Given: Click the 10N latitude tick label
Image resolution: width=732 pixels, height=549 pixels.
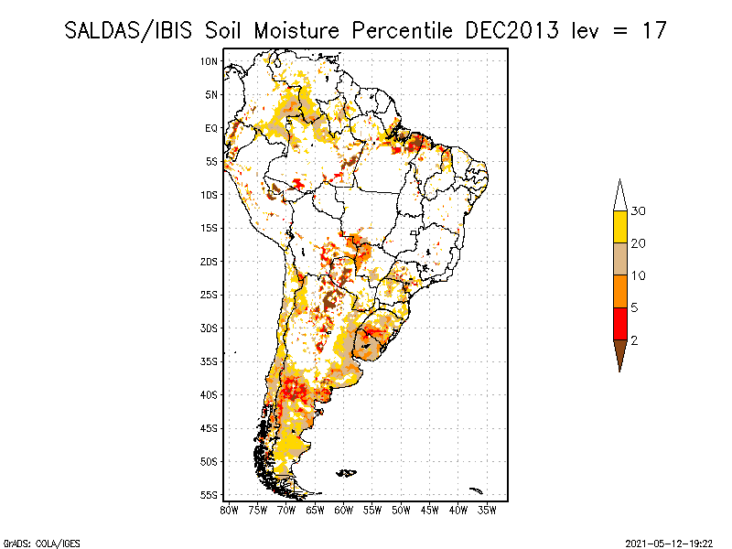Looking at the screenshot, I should tap(209, 61).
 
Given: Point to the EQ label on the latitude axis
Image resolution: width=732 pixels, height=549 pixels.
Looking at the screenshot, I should tap(210, 128).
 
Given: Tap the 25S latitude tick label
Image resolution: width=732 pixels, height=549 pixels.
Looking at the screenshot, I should tap(209, 295).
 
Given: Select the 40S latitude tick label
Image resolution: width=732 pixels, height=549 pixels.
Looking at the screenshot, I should tap(209, 394).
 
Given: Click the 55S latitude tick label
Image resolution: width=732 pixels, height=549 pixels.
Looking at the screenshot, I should tap(209, 495).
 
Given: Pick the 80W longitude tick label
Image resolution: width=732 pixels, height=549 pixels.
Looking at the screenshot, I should tap(229, 510).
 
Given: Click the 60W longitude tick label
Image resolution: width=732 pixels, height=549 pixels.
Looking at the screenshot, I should tap(343, 510).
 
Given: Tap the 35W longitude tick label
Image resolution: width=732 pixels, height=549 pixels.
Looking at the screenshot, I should tap(487, 510).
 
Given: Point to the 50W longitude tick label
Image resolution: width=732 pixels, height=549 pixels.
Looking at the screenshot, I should tap(401, 510).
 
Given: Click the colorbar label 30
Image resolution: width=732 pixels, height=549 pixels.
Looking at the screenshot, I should tap(639, 211).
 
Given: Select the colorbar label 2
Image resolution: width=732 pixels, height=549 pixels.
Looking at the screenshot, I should tap(634, 340).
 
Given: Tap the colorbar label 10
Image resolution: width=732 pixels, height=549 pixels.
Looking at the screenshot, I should tap(639, 275).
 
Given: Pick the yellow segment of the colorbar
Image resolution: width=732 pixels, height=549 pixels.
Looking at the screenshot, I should tap(619, 227).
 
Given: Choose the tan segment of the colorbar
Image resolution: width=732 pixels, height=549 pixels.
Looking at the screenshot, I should tap(619, 259).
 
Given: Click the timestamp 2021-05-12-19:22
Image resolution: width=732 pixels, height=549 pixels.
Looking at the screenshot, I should tap(670, 542).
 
